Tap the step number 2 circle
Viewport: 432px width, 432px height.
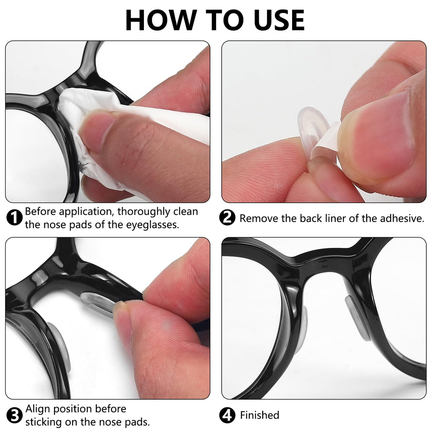(228, 218)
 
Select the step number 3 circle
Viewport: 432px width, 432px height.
(15, 416)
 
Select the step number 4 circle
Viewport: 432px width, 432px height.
(228, 416)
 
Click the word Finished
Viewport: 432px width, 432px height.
(260, 416)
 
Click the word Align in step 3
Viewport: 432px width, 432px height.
(37, 409)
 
